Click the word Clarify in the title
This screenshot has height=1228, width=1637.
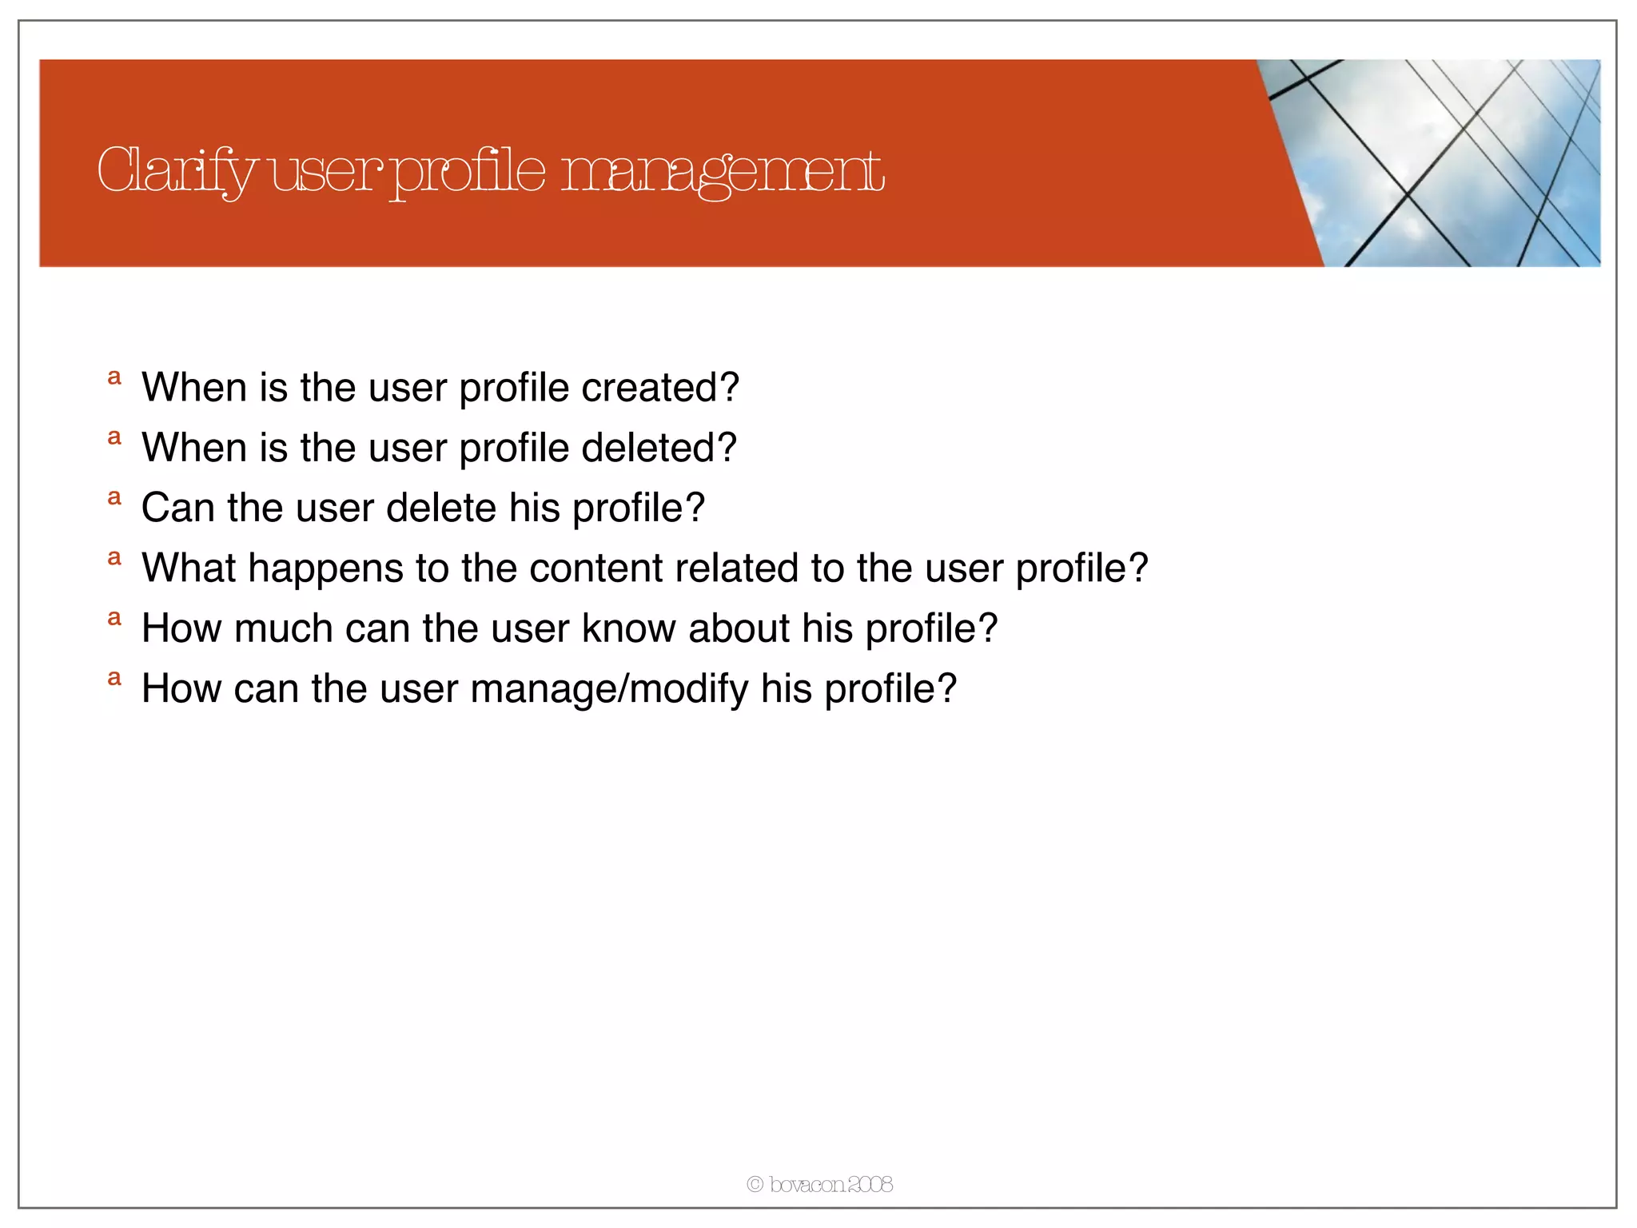click(176, 171)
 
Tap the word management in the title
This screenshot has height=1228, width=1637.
click(723, 171)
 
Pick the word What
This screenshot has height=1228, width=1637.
click(188, 568)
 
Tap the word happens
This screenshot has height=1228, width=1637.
click(325, 569)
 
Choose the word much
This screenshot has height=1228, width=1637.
click(283, 628)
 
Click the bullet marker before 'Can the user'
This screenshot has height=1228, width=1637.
click(115, 498)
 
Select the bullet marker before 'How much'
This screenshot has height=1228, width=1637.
click(115, 618)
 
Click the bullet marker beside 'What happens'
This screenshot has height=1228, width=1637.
click(115, 558)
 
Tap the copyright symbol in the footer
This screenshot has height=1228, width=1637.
click(755, 1184)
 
